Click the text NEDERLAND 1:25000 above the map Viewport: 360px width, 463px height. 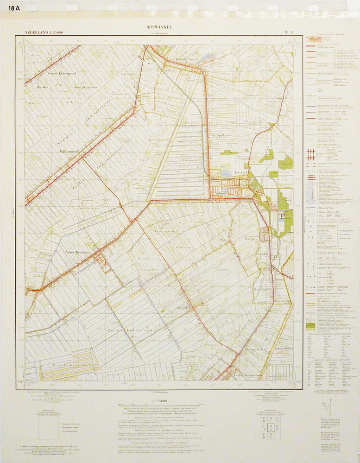coord(45,32)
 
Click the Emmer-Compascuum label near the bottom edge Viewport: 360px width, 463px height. coord(247,375)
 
